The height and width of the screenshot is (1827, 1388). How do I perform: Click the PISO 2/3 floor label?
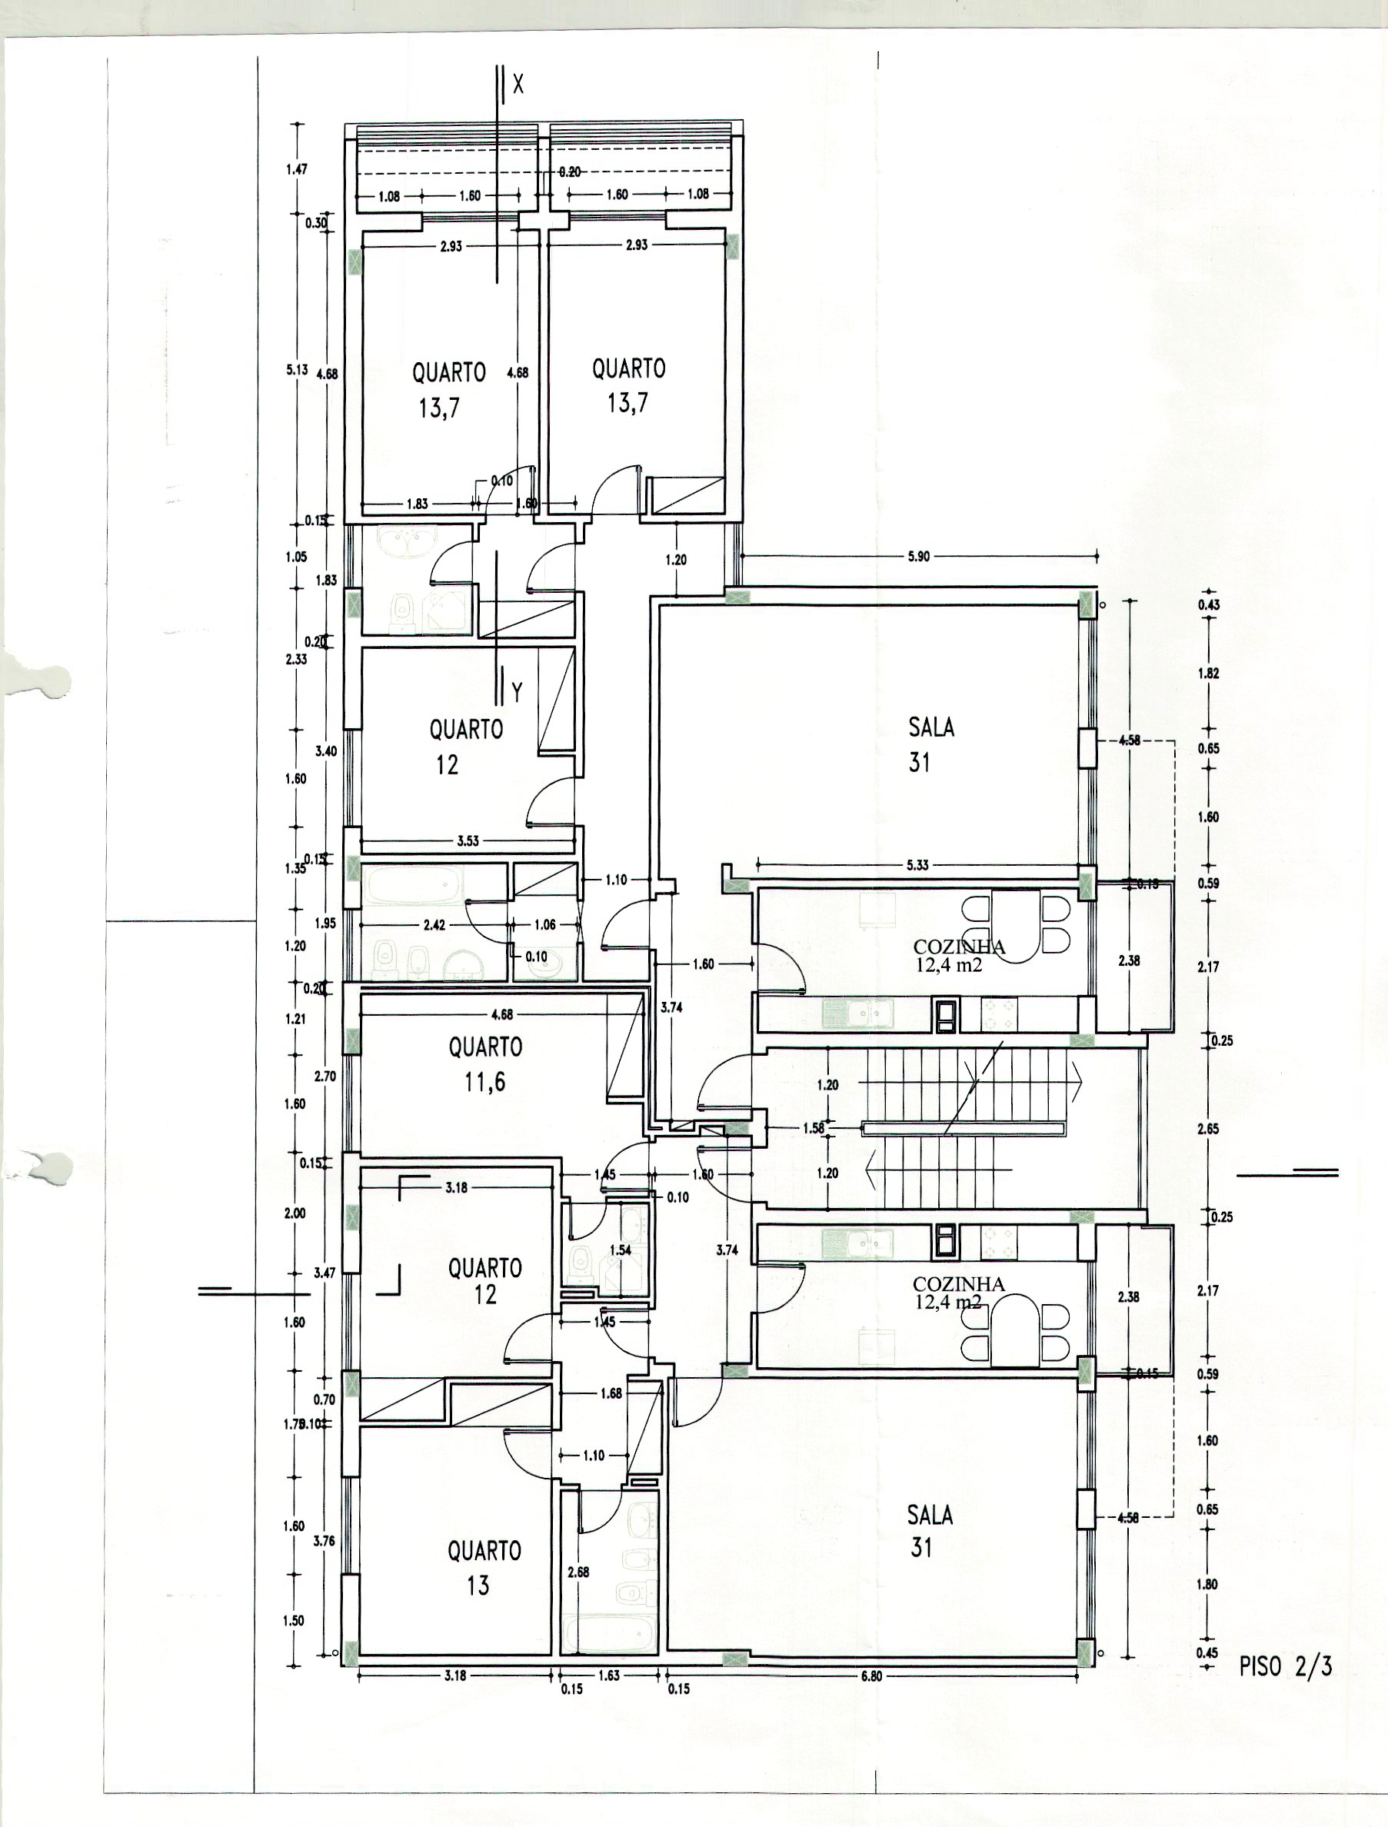[1286, 1666]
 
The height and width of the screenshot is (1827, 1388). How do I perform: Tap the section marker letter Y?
[517, 692]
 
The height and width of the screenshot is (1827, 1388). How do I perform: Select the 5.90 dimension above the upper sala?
[919, 557]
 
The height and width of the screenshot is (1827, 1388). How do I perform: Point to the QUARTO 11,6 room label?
[485, 1063]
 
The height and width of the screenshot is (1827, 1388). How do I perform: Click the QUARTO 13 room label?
[484, 1567]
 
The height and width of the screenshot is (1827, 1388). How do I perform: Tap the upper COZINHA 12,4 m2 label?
[958, 956]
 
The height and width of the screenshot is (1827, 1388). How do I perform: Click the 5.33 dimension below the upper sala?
[917, 865]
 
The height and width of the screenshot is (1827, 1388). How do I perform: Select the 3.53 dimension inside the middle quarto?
[468, 840]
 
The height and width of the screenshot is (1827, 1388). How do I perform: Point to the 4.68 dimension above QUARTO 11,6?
[501, 1014]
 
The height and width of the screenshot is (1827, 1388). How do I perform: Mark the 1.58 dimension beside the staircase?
[814, 1127]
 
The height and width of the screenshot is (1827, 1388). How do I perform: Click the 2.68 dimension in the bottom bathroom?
[578, 1572]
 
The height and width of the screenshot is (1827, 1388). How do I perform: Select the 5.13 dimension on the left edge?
[297, 370]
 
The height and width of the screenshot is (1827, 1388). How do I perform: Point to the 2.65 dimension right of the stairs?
[1208, 1128]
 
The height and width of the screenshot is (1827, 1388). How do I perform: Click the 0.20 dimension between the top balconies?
[569, 171]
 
